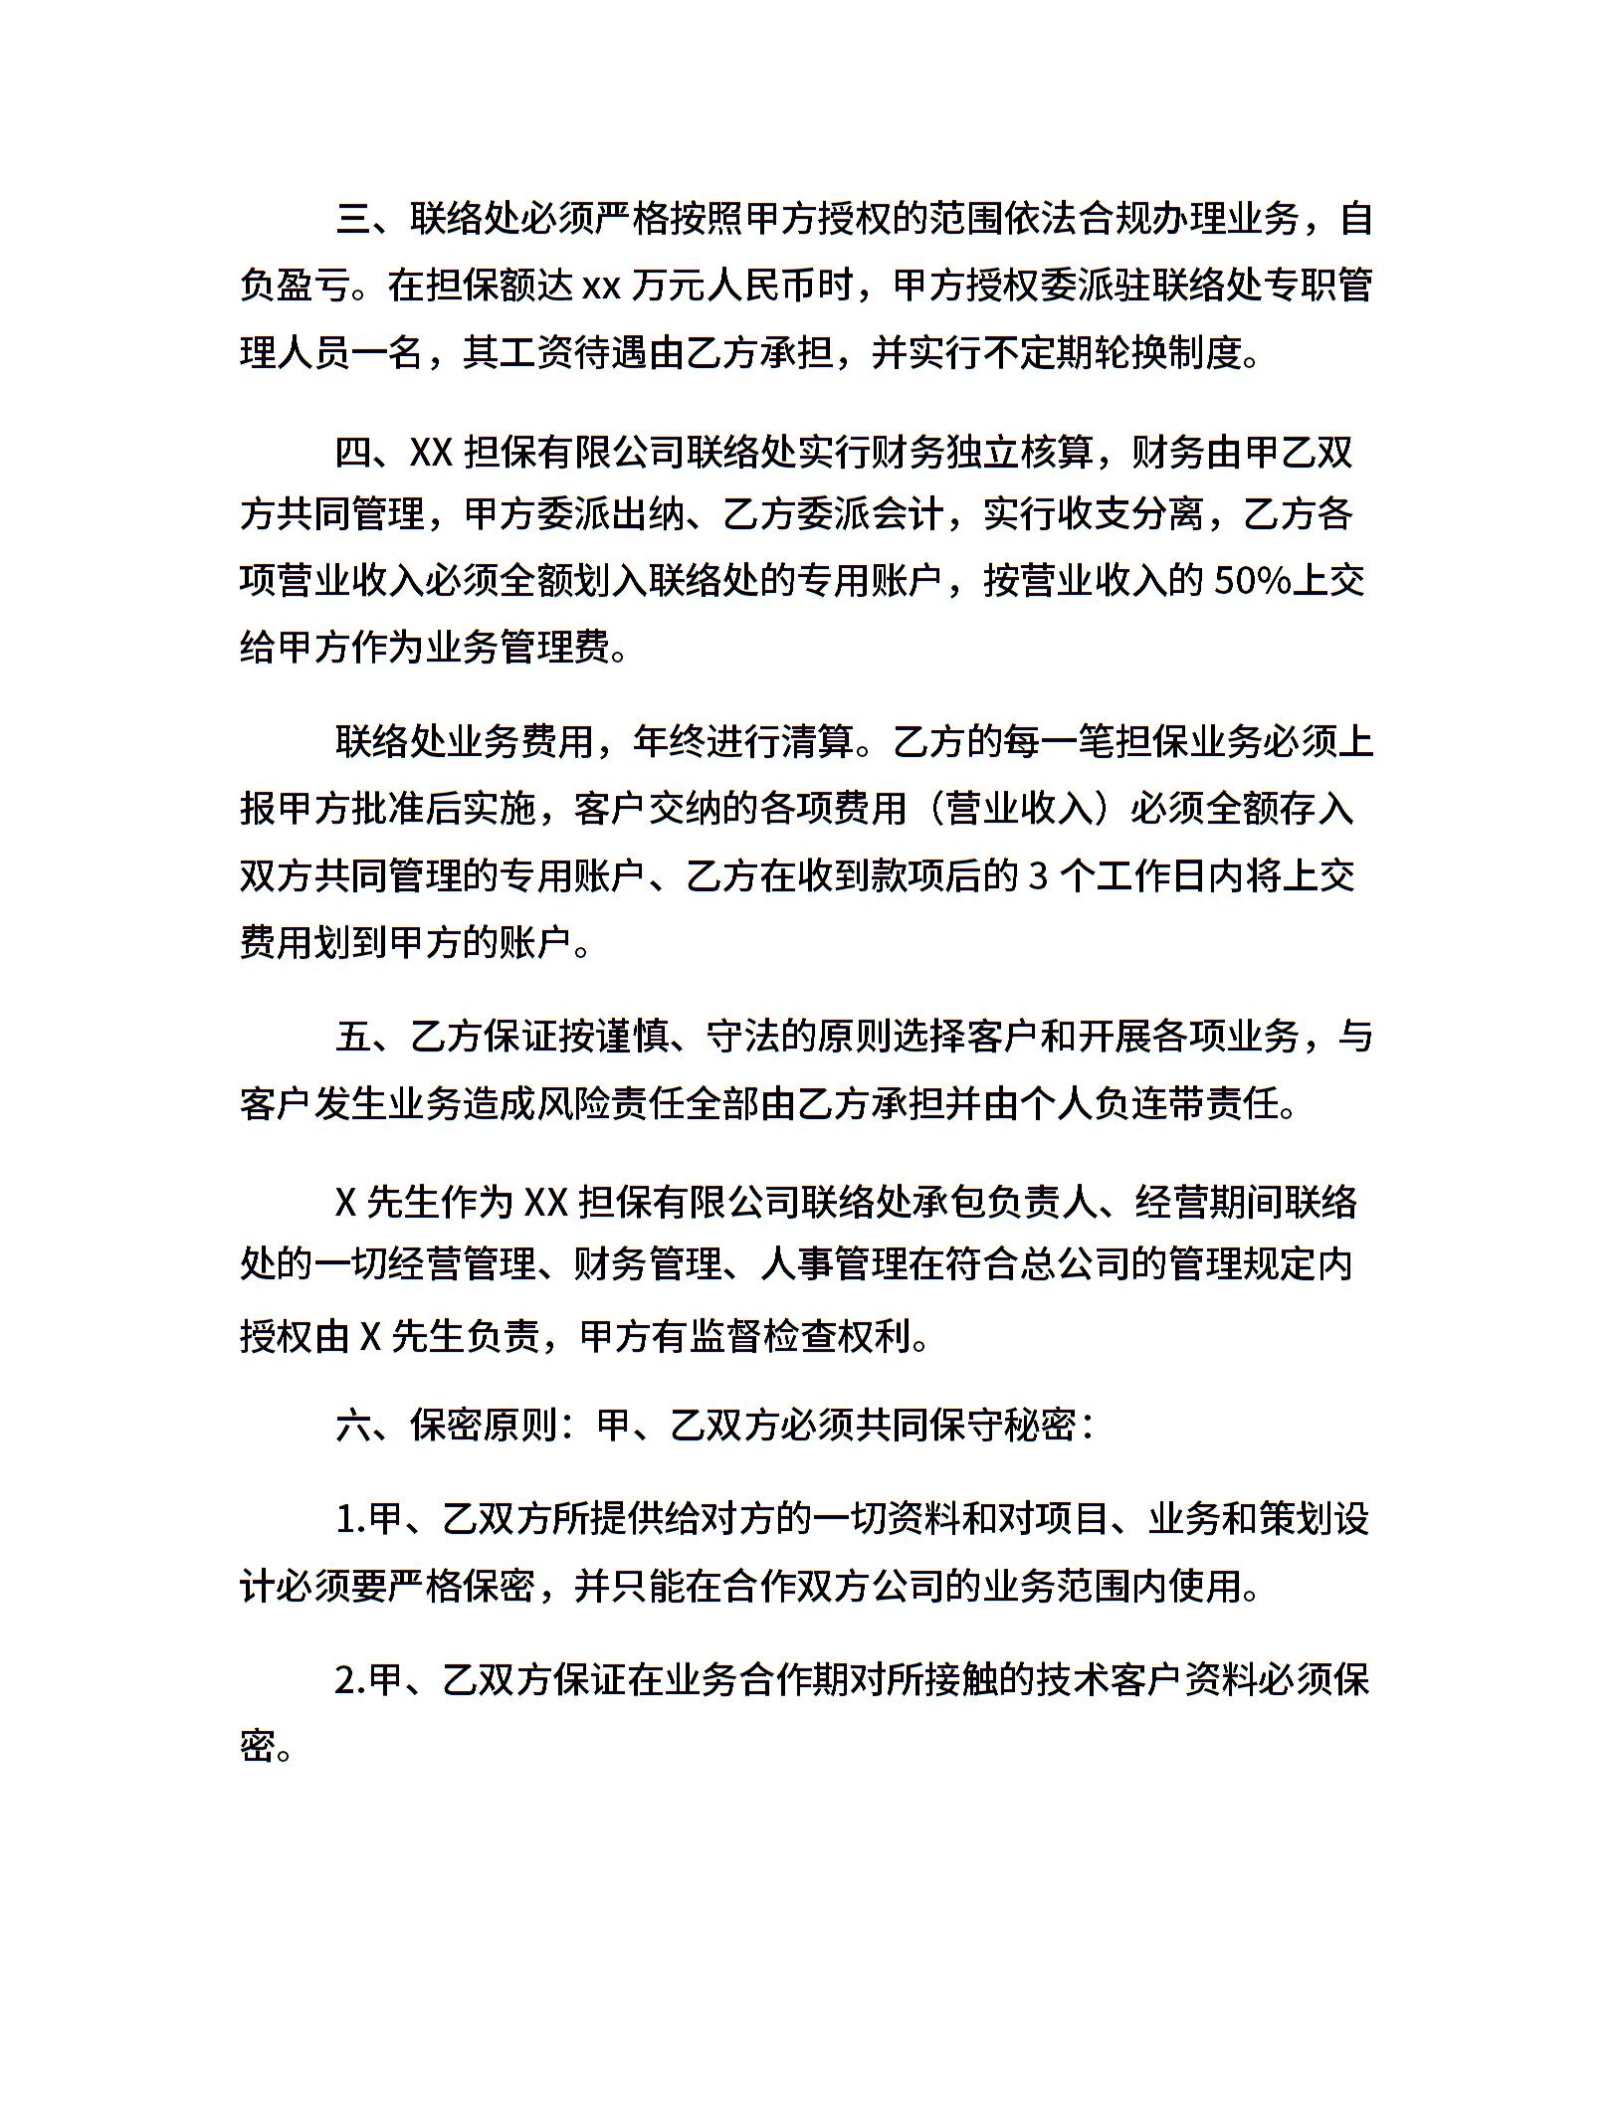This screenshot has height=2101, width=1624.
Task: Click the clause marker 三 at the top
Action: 353,219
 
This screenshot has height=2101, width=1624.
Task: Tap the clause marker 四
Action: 353,454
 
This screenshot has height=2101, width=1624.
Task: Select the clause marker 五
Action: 353,1037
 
